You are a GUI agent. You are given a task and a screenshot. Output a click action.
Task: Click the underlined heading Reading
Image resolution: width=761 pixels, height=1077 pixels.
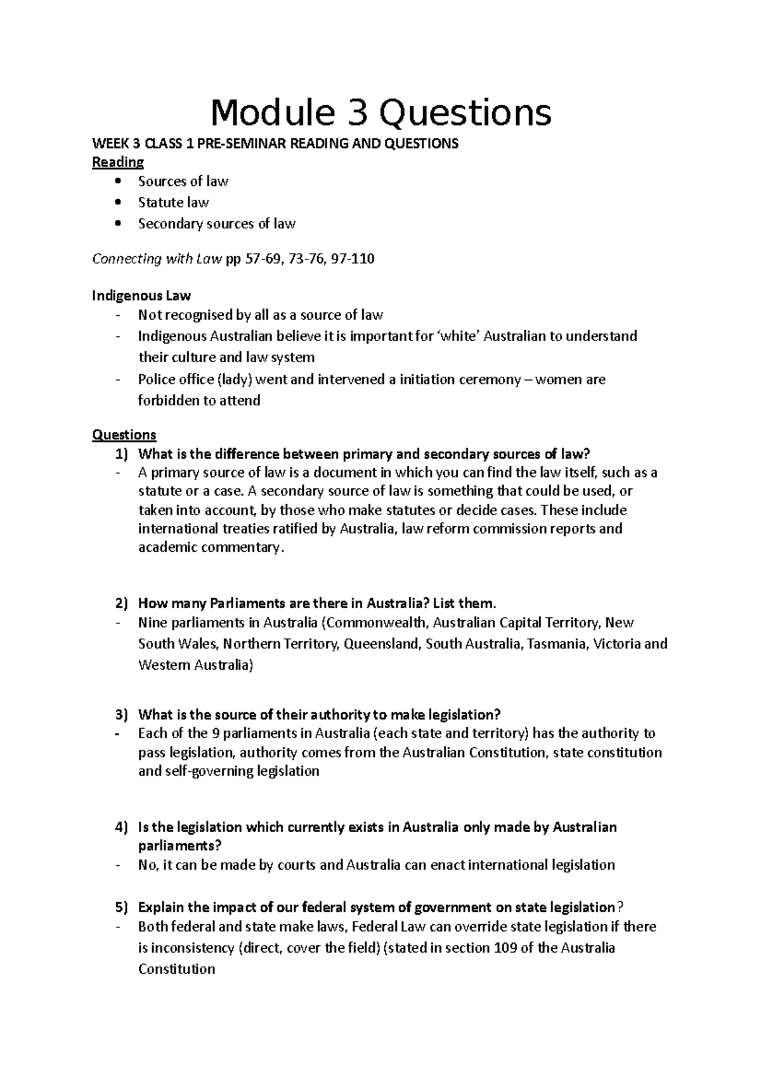point(118,162)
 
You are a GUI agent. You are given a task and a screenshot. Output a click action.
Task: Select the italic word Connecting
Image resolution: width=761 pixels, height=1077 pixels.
point(126,259)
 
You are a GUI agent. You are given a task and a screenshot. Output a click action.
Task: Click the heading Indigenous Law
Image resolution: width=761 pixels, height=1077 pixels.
point(141,296)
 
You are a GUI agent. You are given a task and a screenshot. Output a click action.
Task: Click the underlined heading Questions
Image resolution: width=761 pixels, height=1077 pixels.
point(124,435)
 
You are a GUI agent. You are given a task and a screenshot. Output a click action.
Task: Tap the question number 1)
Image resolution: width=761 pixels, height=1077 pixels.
point(121,454)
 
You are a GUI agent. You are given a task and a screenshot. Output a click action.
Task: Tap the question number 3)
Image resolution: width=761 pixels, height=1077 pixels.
point(121,715)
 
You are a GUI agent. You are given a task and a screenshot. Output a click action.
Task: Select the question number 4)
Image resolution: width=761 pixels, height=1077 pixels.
point(121,828)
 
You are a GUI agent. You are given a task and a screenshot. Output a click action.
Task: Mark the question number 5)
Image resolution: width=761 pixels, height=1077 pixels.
point(121,907)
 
